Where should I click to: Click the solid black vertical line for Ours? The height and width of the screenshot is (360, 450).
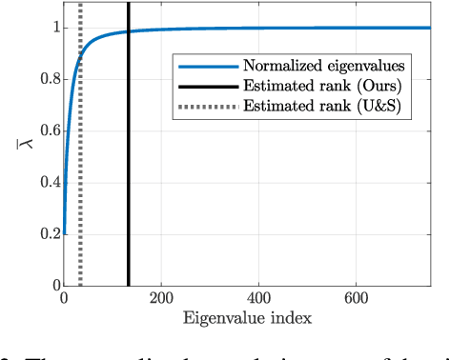click(128, 171)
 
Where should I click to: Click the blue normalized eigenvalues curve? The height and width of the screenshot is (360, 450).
click(286, 29)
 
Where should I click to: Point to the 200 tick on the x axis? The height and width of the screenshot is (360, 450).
click(161, 297)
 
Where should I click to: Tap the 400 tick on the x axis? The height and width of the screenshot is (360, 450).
click(258, 297)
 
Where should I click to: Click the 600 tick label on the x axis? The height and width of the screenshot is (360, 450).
click(357, 297)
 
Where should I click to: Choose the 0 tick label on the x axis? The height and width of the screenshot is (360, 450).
click(64, 297)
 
